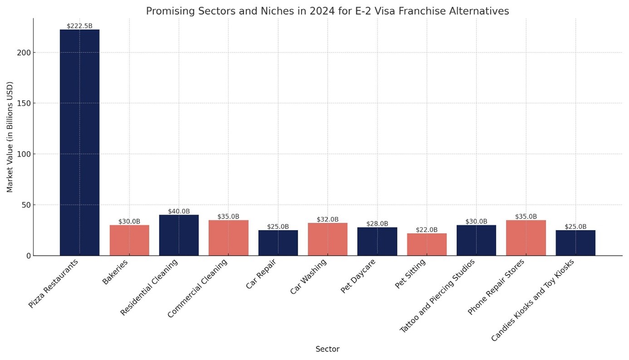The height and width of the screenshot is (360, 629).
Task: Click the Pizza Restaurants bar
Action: [x=79, y=143]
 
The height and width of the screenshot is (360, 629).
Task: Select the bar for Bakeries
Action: [x=129, y=240]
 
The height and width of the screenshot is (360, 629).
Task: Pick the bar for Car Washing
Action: [x=328, y=239]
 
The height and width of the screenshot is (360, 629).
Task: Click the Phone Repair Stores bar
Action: [x=526, y=238]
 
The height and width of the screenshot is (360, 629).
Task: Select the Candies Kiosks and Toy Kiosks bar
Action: [x=575, y=243]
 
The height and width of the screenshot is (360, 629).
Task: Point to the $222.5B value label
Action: [x=79, y=26]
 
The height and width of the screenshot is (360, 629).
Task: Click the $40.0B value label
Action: [x=179, y=211]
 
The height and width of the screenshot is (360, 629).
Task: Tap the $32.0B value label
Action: [x=328, y=219]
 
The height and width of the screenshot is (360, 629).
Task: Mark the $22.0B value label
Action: [x=427, y=230]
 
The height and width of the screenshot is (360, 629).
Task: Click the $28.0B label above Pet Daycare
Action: [x=377, y=223]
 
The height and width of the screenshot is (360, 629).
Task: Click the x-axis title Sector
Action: [x=327, y=349]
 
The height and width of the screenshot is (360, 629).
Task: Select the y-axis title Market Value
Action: [x=10, y=137]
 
